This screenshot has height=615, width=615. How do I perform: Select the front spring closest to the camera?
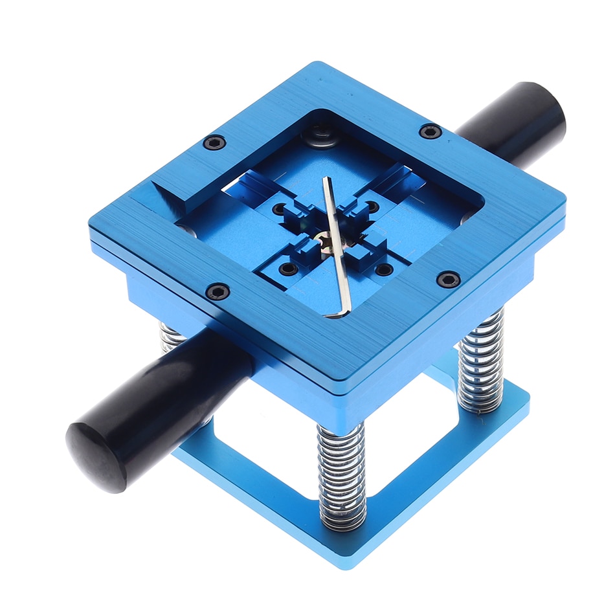[x=342, y=473]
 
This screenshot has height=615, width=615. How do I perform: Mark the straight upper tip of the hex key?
[x=325, y=181]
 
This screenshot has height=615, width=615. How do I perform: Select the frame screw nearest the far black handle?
[x=430, y=131]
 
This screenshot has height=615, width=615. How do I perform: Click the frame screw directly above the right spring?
[x=448, y=279]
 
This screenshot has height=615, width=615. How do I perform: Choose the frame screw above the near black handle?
[x=218, y=291]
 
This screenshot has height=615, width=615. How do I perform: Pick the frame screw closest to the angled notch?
[x=214, y=142]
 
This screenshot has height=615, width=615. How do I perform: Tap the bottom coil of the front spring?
[x=342, y=518]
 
